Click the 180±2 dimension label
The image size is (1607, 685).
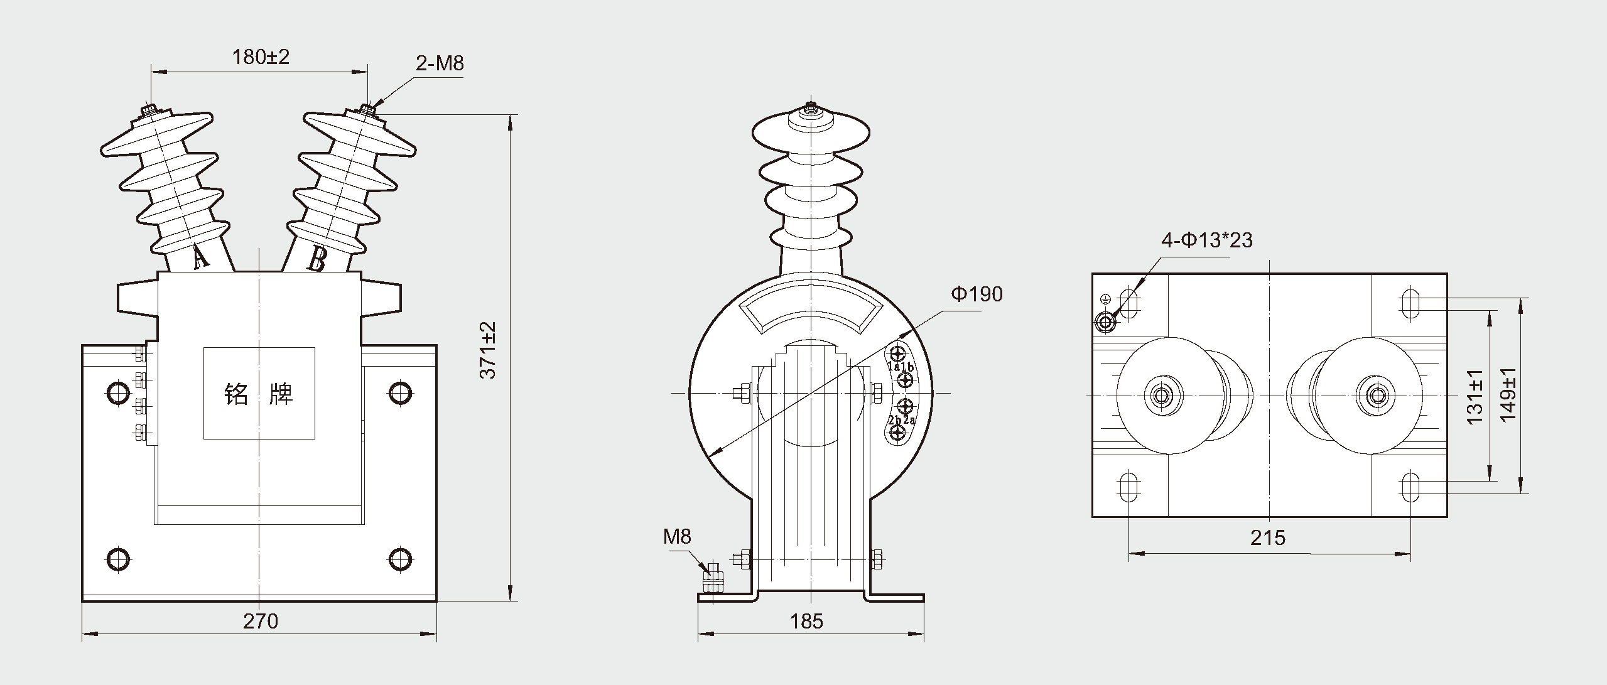[261, 57]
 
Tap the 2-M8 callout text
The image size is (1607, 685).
[440, 63]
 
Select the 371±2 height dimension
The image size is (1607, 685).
[488, 350]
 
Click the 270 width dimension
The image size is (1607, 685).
[260, 621]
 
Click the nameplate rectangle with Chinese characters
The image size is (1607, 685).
[259, 393]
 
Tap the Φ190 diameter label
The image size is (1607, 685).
[977, 294]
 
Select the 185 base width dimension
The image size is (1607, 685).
[806, 621]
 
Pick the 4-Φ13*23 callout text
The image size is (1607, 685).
[1206, 240]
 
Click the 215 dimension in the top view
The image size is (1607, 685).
[1268, 537]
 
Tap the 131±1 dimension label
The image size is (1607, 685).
[1475, 396]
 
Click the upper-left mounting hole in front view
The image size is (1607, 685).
[117, 393]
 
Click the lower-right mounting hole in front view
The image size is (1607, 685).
[399, 558]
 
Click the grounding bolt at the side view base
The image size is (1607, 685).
[713, 578]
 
